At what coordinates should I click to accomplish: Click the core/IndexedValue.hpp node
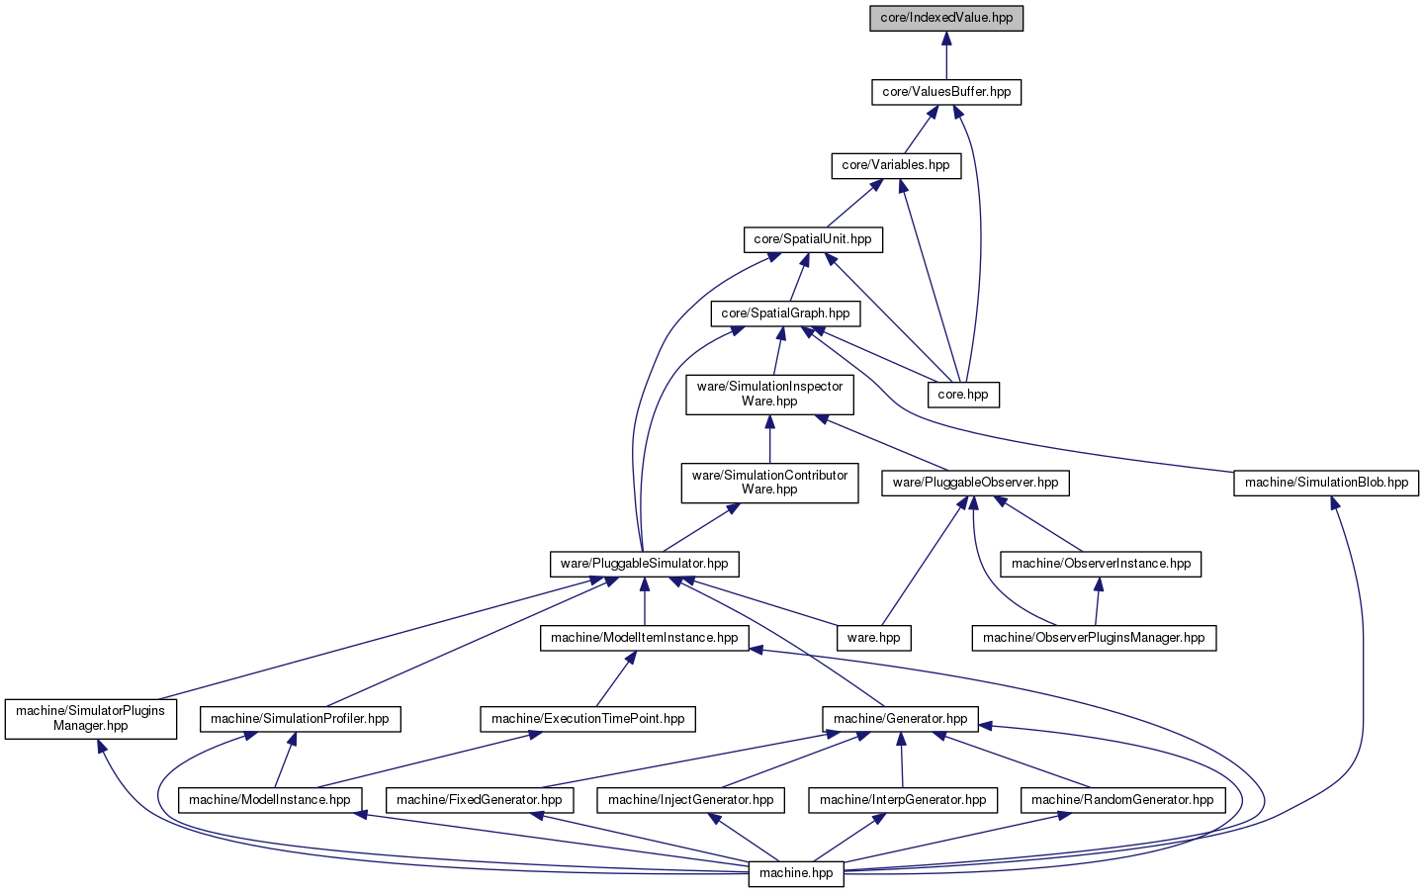(946, 18)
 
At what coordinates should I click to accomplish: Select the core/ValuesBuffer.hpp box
(946, 92)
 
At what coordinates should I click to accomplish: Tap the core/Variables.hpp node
(896, 165)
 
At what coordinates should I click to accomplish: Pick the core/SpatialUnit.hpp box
(813, 239)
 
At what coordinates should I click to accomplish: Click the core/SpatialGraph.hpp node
(785, 313)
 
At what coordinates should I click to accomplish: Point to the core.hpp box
(963, 395)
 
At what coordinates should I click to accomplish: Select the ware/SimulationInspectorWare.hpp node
(769, 395)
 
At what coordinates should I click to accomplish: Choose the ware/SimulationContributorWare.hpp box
(769, 483)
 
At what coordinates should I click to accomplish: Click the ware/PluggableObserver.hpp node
(975, 483)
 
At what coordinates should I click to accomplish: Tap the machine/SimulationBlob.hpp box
(1326, 483)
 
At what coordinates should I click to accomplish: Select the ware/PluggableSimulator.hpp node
(644, 565)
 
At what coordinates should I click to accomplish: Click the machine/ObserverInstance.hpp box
(1101, 565)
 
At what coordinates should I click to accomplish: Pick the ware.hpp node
(873, 638)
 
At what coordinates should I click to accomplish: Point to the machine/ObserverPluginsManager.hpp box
(1094, 638)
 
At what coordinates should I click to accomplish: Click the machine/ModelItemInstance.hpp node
(644, 638)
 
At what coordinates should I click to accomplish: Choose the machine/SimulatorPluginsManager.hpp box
(90, 719)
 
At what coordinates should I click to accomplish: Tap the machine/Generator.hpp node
(900, 719)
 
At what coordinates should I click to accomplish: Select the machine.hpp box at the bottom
(796, 874)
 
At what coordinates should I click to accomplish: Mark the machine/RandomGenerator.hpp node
(1122, 800)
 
